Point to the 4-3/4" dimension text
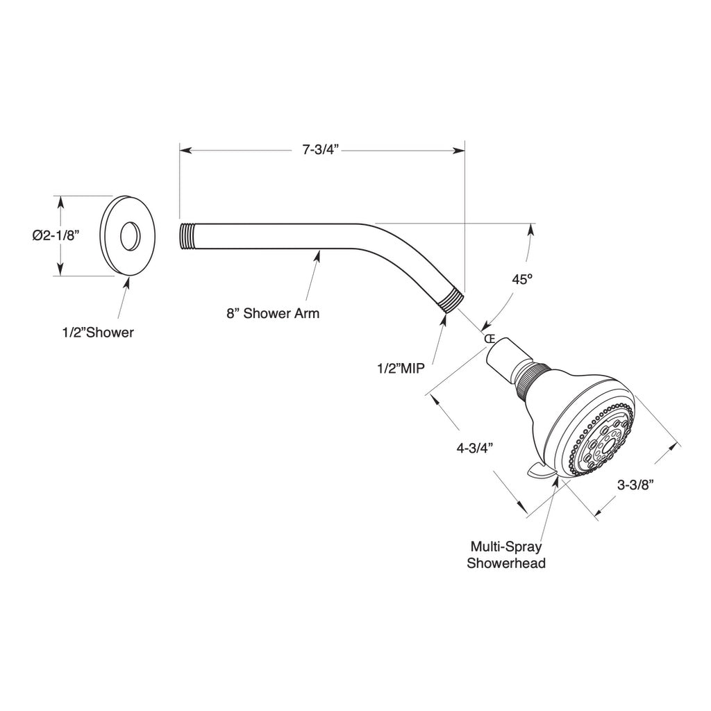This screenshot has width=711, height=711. tap(474, 448)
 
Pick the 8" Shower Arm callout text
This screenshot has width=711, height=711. tap(273, 313)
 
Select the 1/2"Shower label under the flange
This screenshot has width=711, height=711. tap(97, 333)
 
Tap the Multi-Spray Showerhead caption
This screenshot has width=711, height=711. tap(505, 554)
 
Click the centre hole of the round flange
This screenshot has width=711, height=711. tap(129, 236)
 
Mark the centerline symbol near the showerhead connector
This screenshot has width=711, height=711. tap(489, 339)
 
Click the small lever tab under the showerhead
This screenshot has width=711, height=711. tap(542, 472)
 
